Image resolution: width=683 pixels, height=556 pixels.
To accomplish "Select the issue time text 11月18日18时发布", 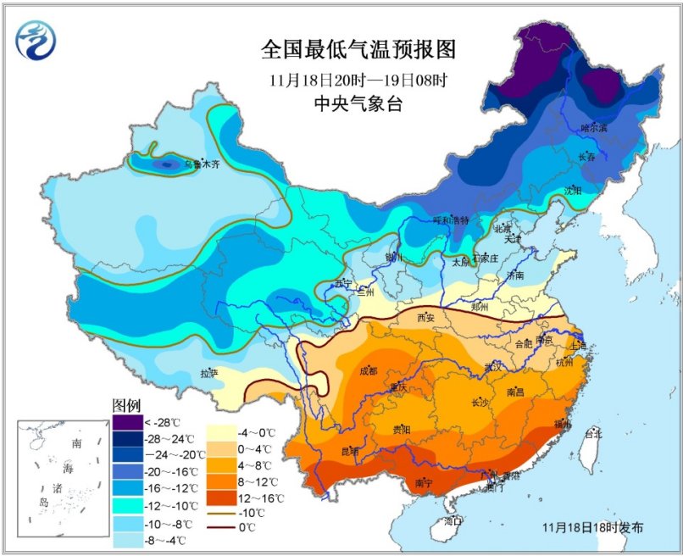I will pos(592,527).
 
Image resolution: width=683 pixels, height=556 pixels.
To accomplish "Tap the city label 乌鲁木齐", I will pos(202,164).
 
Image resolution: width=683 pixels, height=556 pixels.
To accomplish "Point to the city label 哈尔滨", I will pos(594,129).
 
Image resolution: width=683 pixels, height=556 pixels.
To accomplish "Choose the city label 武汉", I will pos(493,366).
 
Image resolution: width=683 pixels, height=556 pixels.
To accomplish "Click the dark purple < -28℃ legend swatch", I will pos(126,421).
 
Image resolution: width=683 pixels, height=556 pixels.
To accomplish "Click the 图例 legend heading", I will pos(126,404).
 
